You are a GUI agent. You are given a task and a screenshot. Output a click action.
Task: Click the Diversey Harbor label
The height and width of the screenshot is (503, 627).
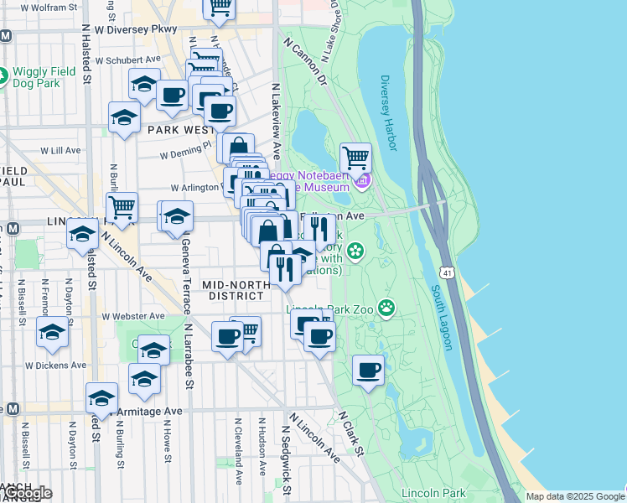point(386,112)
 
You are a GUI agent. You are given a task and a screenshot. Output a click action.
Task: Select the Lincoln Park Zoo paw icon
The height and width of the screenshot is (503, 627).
point(386,308)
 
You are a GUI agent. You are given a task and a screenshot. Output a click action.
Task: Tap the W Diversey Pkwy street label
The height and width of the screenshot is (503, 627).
point(136,29)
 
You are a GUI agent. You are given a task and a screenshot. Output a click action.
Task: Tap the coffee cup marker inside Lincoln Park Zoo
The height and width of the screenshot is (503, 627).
point(368,370)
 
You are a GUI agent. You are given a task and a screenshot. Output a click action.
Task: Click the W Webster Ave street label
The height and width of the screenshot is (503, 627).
point(133,316)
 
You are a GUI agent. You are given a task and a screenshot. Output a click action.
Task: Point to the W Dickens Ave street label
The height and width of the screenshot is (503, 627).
point(55,366)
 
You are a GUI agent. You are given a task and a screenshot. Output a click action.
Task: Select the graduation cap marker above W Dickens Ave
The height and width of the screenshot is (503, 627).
point(53,332)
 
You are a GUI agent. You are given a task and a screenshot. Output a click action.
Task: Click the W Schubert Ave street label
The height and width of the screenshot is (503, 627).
point(127,60)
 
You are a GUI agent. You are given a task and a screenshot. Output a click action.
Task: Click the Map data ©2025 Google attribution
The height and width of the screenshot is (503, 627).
point(574,496)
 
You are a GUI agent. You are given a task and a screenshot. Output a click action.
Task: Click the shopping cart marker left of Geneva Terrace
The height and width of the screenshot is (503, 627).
point(122,206)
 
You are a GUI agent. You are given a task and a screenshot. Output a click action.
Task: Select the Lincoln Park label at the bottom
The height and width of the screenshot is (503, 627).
point(433,492)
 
